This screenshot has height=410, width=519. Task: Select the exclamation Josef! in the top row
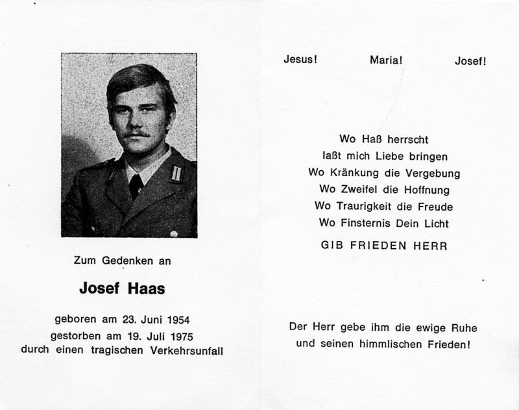[x=471, y=61]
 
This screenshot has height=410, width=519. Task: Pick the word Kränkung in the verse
[x=361, y=173]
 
